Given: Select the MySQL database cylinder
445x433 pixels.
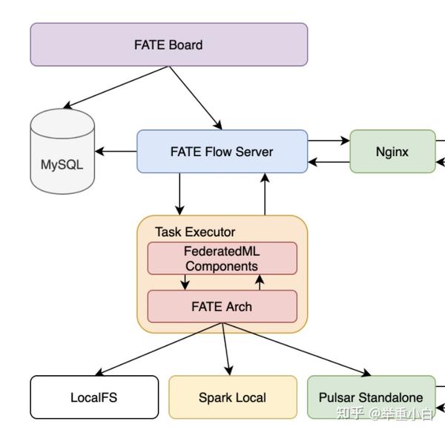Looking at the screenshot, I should coord(62,152).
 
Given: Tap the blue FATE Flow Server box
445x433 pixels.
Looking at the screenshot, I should coord(222,152).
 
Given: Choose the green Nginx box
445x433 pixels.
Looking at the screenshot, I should coord(392,152).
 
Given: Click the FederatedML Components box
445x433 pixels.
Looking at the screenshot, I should coord(222,258).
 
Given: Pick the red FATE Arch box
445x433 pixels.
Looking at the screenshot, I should coord(222,306).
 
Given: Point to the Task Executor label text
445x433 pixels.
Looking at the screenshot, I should coord(194,232).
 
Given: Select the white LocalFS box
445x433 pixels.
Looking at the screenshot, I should coord(94,397).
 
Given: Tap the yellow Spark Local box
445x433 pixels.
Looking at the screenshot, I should coord(232,397).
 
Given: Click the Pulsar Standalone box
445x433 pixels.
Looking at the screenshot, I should coord(371,397).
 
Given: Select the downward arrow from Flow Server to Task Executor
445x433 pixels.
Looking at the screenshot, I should coord(179,194).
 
